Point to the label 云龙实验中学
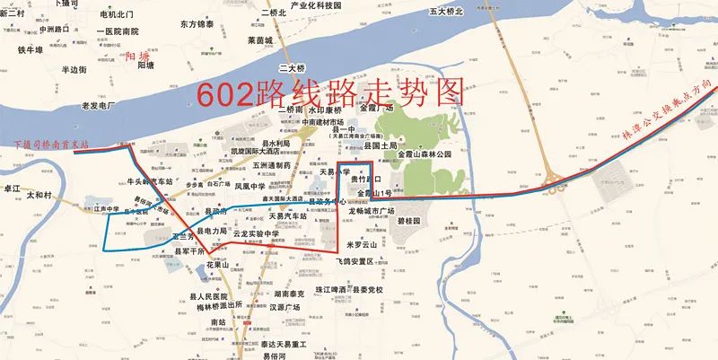click(x=262, y=233)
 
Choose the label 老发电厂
click(x=98, y=106)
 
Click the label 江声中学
click(x=106, y=209)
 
